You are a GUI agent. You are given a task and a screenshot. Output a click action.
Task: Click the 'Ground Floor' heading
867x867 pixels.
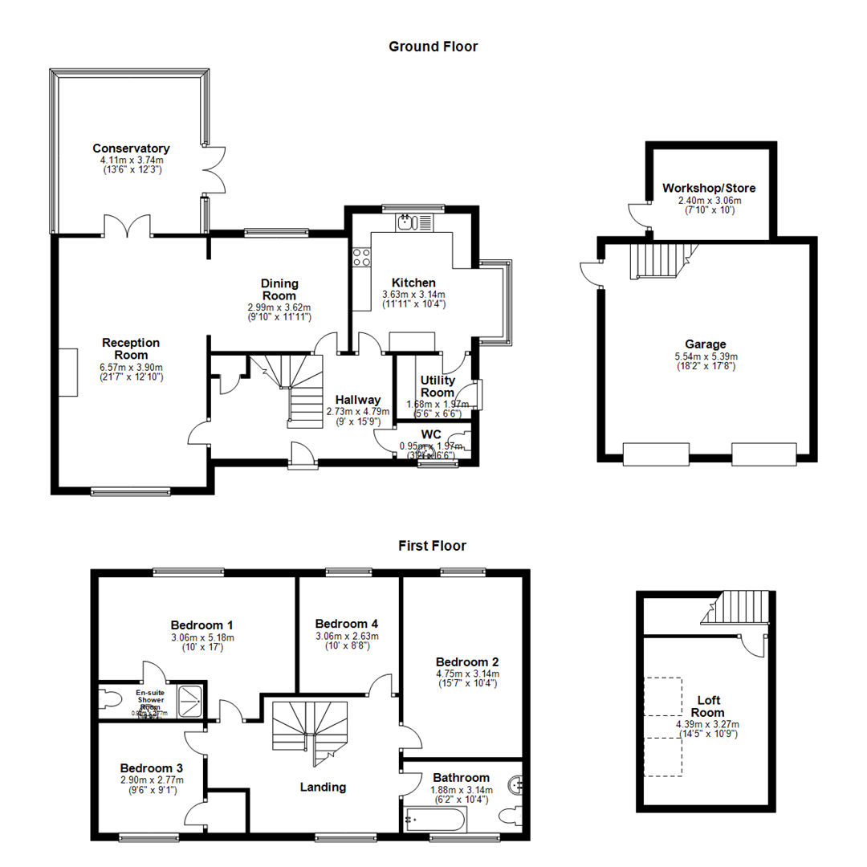point(433,47)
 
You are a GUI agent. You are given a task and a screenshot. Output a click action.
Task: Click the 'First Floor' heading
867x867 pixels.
point(433,546)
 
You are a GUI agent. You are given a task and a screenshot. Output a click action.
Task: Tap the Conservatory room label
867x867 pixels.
point(131,149)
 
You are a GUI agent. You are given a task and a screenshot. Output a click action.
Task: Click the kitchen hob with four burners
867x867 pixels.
point(361,257)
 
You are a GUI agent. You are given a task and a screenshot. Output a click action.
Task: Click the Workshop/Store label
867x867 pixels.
point(709,189)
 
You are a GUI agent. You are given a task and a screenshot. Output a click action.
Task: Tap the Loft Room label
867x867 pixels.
point(710,706)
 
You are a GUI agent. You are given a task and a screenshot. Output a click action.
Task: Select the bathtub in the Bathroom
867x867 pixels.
point(433,820)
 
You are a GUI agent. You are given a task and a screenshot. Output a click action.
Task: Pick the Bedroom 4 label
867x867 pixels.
point(347,624)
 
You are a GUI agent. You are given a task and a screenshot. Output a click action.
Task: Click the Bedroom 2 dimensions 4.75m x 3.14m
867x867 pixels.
point(467,674)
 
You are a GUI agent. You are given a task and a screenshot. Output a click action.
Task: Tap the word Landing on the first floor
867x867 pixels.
point(323,787)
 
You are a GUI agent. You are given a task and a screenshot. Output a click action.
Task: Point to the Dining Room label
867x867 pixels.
point(279,289)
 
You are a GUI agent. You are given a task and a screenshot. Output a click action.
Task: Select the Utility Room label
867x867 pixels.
point(438,385)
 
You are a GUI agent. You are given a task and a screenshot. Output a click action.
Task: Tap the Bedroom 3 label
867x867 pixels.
point(152,767)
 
